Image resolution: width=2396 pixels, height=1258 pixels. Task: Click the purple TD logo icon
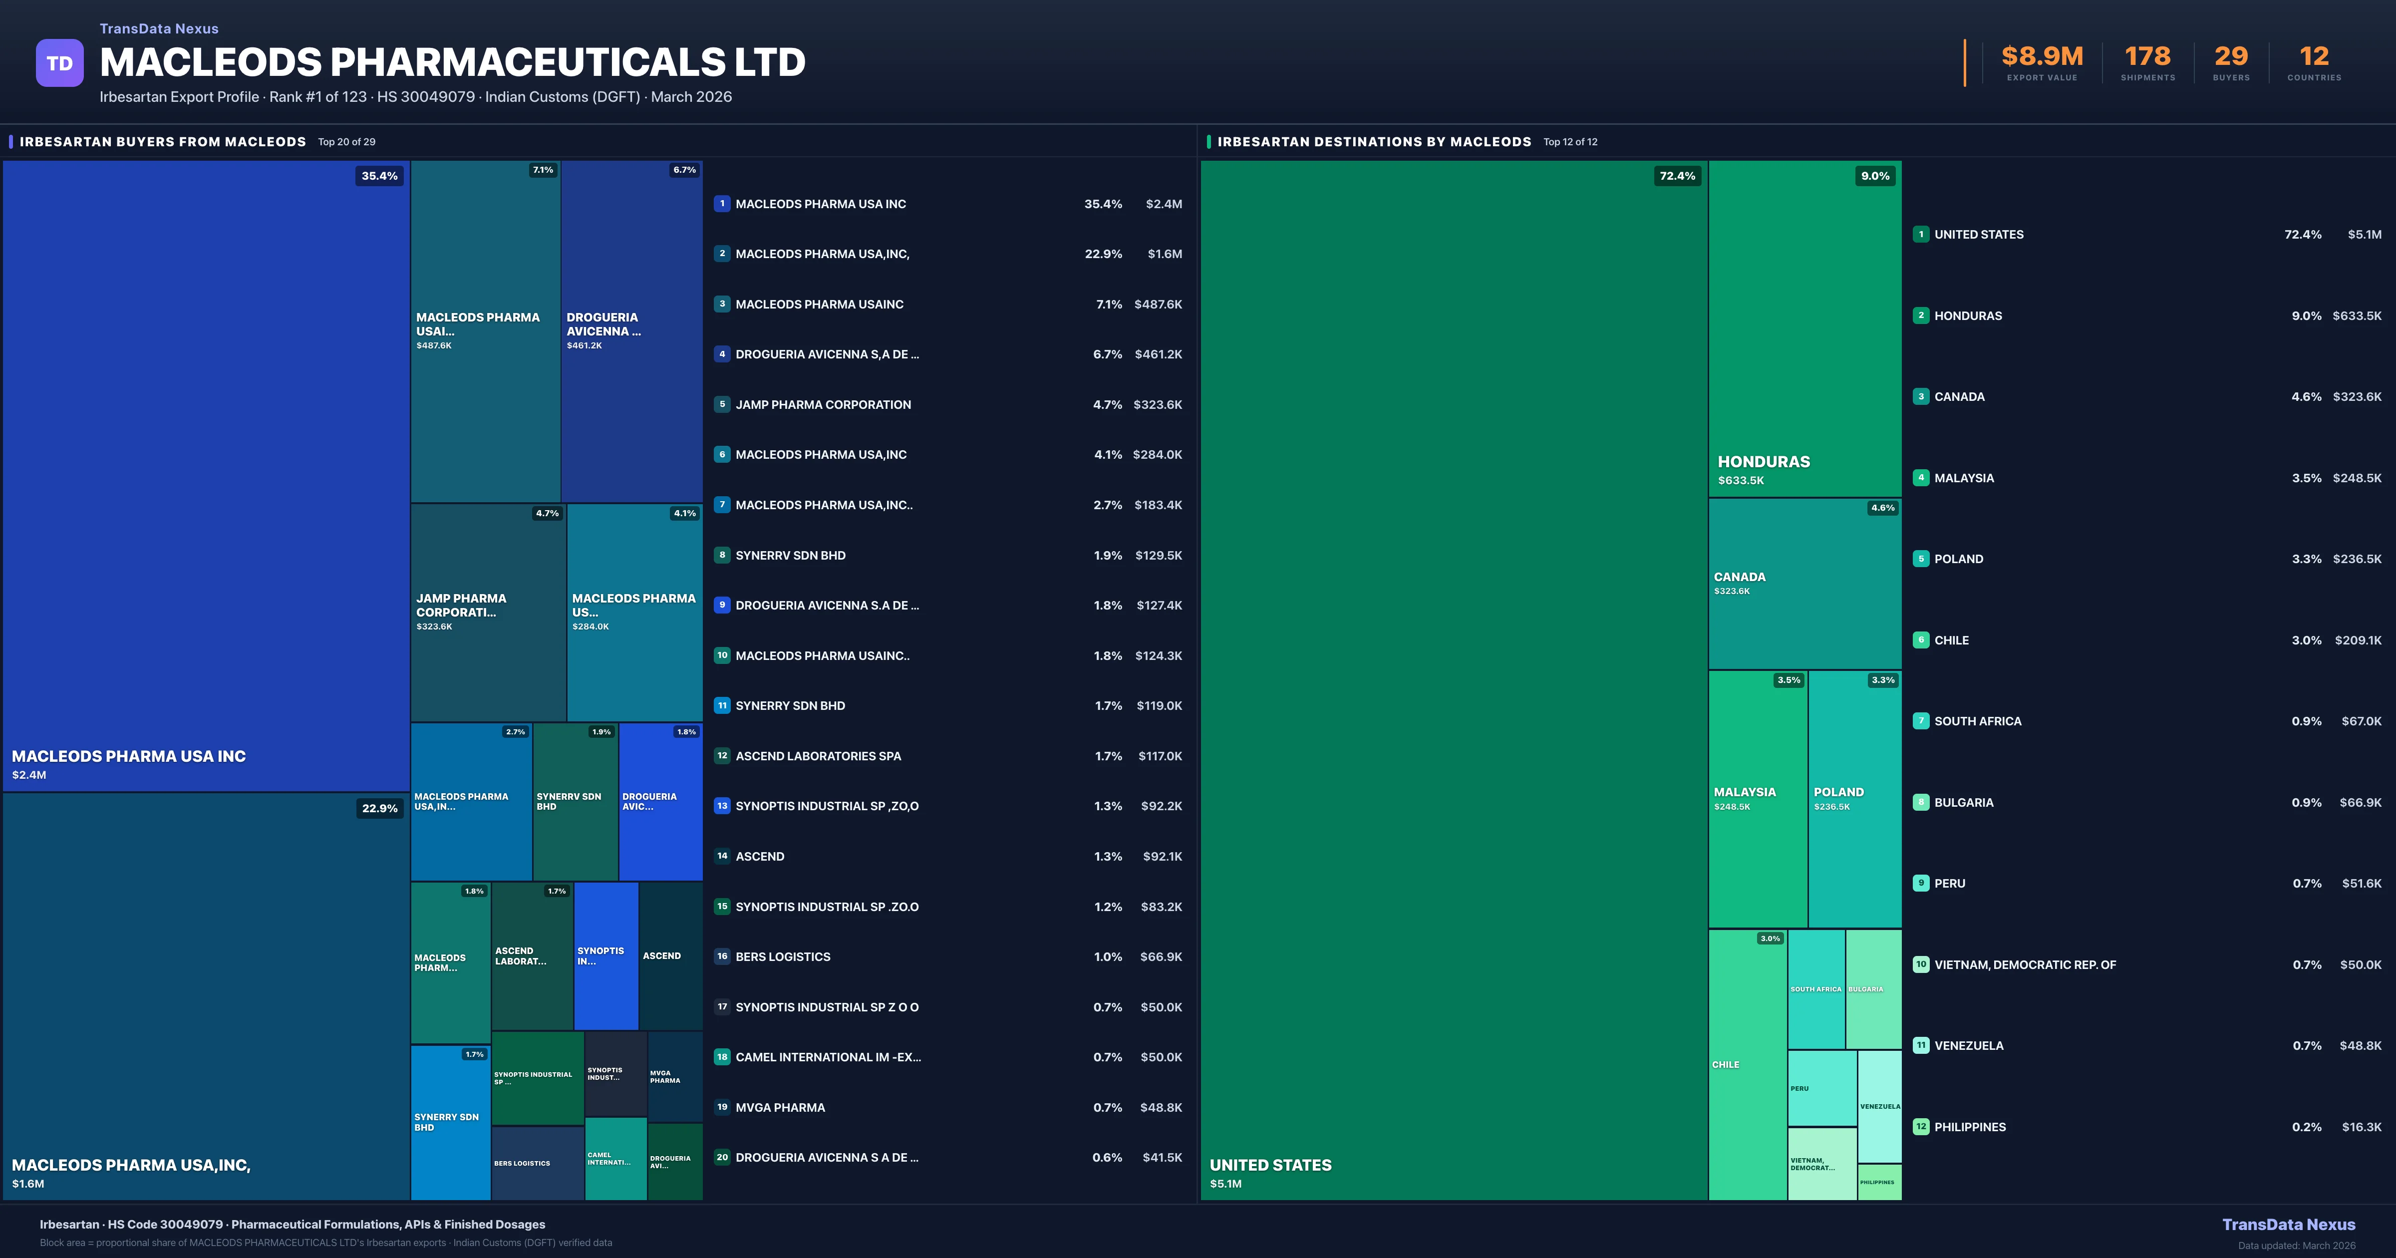coord(59,63)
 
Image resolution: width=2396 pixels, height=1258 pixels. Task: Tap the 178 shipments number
coord(2147,57)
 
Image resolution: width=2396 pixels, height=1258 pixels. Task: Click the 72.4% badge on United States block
coord(1677,176)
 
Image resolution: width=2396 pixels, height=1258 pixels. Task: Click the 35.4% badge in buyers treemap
coord(379,176)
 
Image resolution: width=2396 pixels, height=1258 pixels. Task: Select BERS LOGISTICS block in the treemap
coord(537,1163)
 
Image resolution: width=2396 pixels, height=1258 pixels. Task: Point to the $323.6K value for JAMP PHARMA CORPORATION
coord(1157,405)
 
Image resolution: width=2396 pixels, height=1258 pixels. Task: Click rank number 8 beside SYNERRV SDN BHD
coord(722,556)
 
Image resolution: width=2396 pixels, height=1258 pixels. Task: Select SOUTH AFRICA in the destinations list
coord(1977,721)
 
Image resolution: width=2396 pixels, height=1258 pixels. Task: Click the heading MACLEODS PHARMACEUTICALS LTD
coord(452,62)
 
